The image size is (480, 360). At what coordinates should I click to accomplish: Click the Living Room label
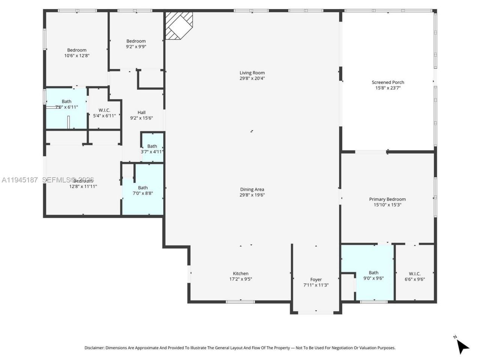pyautogui.click(x=252, y=73)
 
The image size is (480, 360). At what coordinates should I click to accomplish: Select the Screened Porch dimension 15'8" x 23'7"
pyautogui.click(x=388, y=88)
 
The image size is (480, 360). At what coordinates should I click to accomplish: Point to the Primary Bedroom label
pyautogui.click(x=387, y=199)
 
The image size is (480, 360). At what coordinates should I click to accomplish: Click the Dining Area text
pyautogui.click(x=252, y=189)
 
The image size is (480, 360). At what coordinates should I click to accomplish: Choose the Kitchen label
pyautogui.click(x=240, y=273)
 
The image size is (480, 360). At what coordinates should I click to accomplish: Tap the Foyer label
pyautogui.click(x=316, y=279)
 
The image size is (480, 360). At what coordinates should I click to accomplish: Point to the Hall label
pyautogui.click(x=141, y=112)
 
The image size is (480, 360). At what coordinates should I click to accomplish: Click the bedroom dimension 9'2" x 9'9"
pyautogui.click(x=136, y=47)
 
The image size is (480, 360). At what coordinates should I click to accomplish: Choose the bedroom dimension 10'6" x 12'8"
pyautogui.click(x=76, y=55)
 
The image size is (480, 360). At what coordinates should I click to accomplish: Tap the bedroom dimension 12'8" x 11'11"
pyautogui.click(x=83, y=186)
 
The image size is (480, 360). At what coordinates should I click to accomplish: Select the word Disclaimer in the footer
pyautogui.click(x=94, y=348)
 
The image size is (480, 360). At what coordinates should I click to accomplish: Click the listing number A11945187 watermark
pyautogui.click(x=20, y=180)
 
